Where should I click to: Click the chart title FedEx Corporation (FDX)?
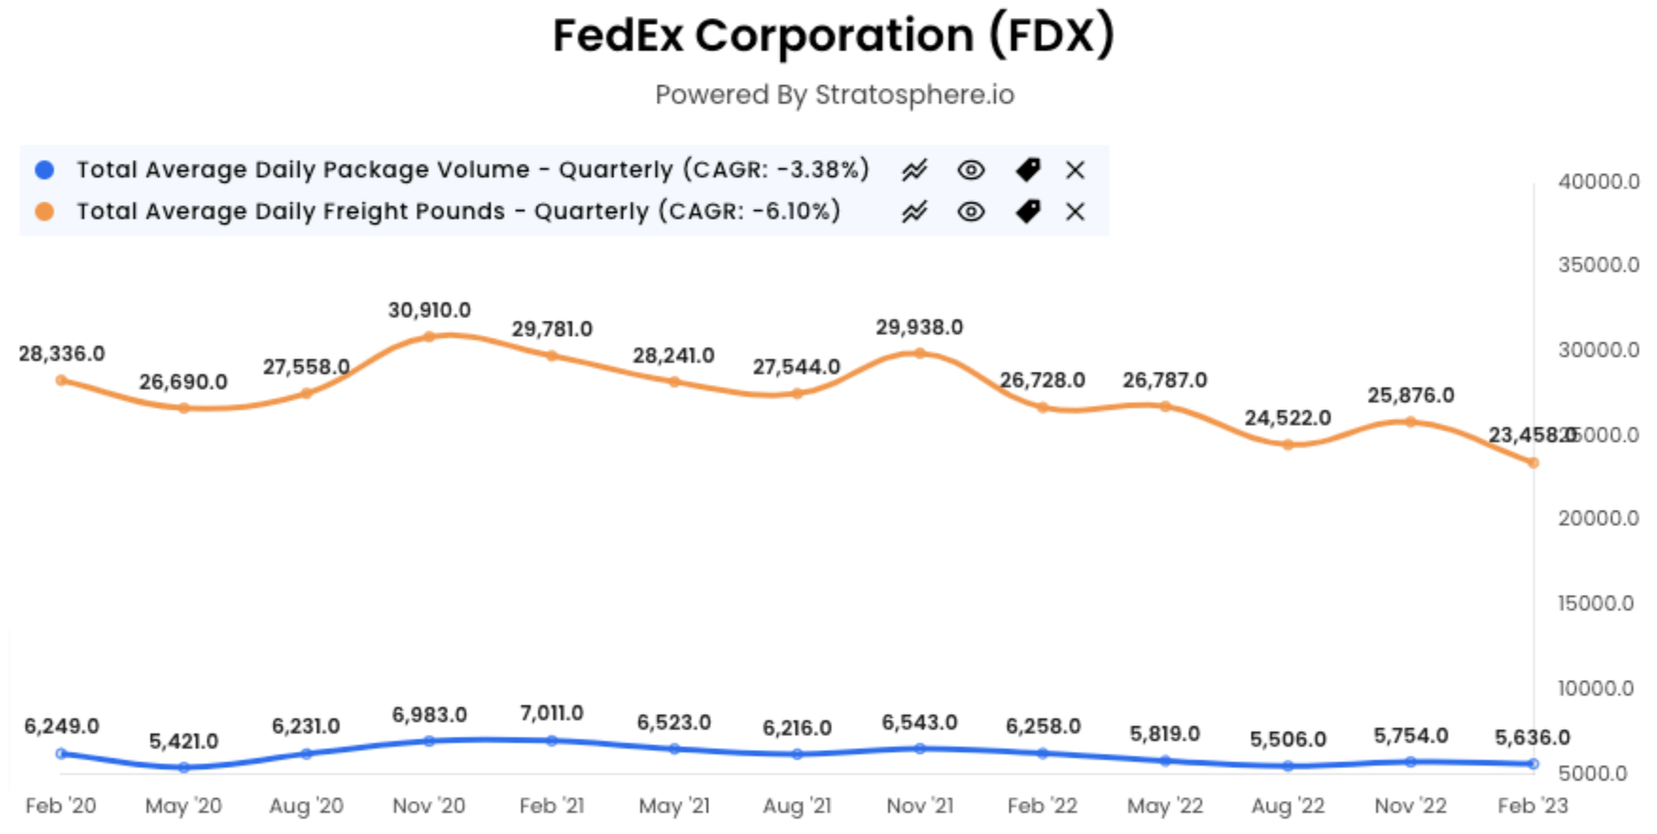833,36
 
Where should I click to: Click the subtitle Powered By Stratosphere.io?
834,95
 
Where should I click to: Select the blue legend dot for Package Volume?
44,170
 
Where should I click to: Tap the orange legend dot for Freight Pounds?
44,212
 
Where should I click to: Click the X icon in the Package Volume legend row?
1074,170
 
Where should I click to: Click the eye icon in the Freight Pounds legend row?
970,212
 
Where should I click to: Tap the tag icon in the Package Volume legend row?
1027,170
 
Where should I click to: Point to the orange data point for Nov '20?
428,337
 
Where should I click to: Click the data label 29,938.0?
918,327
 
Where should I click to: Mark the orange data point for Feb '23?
1533,463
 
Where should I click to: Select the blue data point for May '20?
183,768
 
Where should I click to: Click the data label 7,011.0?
551,713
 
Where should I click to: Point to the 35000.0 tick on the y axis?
1598,265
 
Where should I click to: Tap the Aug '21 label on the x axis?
796,806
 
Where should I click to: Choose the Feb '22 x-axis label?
1041,806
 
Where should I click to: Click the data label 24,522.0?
1287,418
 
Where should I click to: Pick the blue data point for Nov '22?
1410,761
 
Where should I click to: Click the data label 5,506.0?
1287,739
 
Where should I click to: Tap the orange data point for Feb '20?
61,380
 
